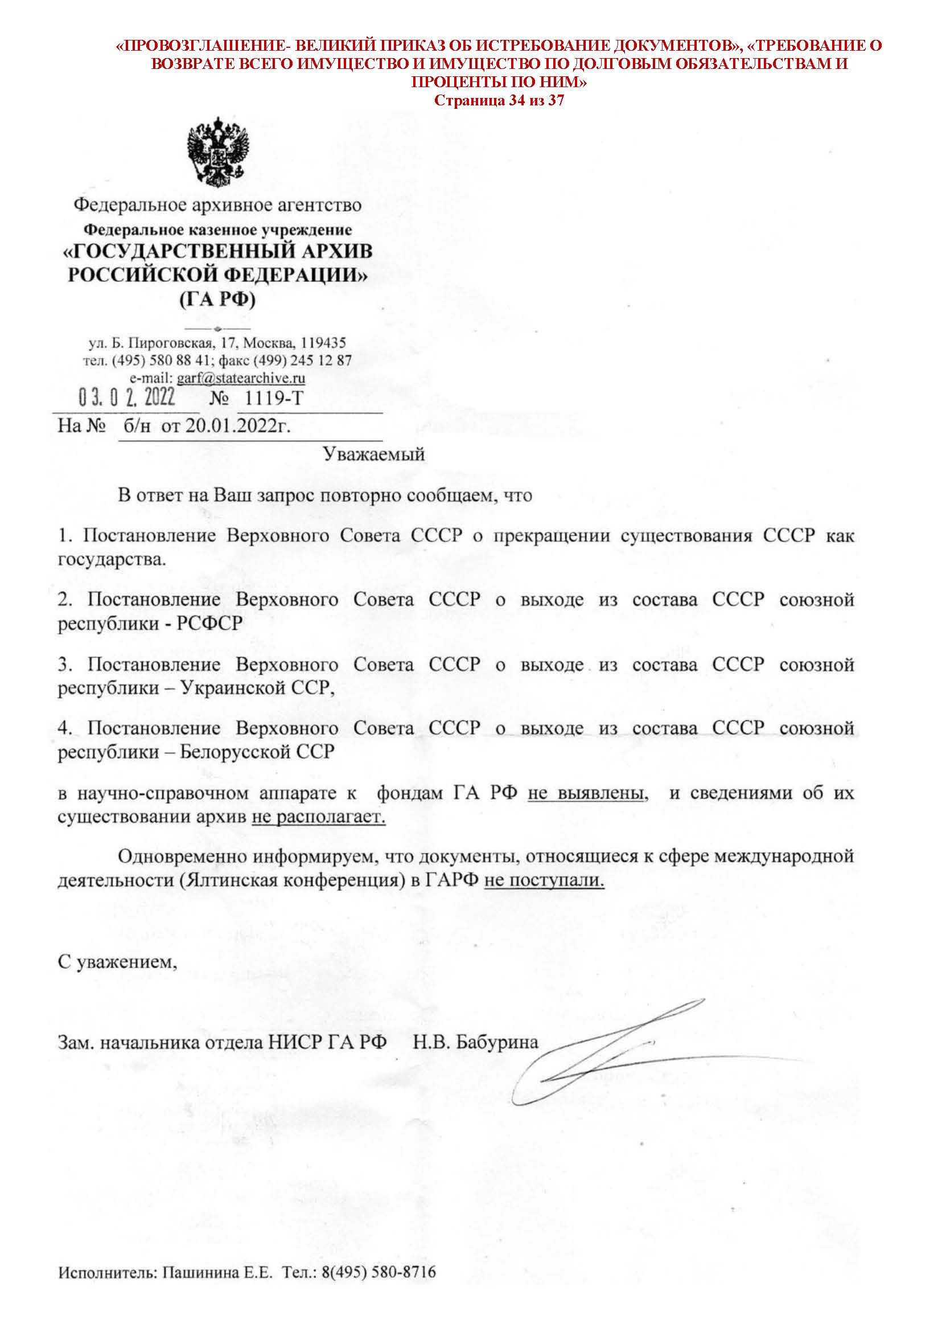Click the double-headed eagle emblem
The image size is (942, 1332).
(217, 152)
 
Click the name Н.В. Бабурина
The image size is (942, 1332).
(476, 1042)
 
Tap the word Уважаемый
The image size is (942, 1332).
(374, 453)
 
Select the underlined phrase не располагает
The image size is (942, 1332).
(318, 817)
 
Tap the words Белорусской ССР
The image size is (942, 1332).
(257, 752)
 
